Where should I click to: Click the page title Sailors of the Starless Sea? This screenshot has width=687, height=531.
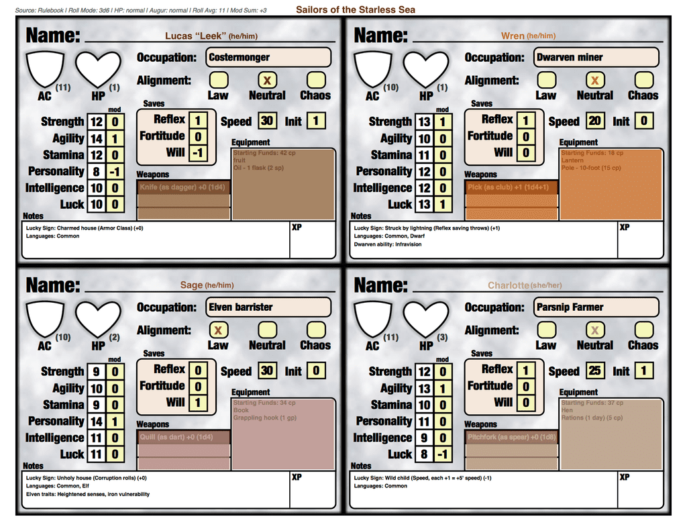(x=355, y=9)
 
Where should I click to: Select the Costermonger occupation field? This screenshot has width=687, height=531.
(x=268, y=57)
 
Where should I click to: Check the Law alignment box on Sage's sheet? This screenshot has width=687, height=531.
(x=217, y=330)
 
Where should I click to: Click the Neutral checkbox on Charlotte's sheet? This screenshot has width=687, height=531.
(x=594, y=330)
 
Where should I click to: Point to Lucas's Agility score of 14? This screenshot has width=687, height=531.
(x=97, y=138)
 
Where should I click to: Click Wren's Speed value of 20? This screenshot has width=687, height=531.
(x=594, y=121)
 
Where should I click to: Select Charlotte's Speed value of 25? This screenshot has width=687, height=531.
(x=594, y=371)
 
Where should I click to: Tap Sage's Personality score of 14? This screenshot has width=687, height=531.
(x=97, y=421)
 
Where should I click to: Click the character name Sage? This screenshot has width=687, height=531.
(x=191, y=285)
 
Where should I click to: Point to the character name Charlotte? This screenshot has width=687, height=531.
(x=509, y=285)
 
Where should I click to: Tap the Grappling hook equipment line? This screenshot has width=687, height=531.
(x=264, y=418)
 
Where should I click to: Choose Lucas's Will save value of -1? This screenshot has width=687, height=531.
(x=197, y=152)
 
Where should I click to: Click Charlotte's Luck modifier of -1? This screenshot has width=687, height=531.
(x=442, y=454)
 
